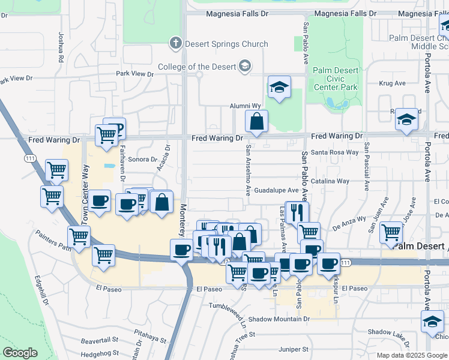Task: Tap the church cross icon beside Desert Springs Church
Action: point(175,43)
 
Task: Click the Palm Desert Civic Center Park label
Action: point(336,79)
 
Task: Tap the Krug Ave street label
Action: point(393,83)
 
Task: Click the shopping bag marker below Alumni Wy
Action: point(256,121)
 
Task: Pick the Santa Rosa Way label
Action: point(335,152)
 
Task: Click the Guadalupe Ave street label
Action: point(276,190)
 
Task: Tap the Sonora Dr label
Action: point(142,160)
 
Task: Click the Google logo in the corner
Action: point(20,353)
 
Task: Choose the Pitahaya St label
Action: point(150,339)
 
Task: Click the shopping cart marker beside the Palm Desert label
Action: point(391,232)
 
